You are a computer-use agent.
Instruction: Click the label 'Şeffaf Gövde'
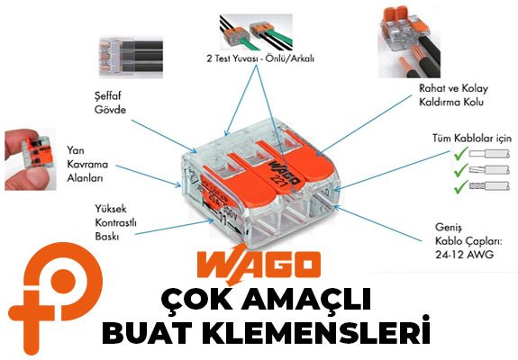coord(110,103)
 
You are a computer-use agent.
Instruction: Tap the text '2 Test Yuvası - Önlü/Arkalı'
coord(260,58)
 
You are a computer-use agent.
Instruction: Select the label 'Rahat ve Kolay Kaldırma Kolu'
coord(453,95)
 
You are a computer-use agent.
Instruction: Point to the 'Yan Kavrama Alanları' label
coord(87,164)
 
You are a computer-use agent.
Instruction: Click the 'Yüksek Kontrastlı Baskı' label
coord(115,222)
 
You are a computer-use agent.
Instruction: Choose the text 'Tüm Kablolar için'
coord(472,138)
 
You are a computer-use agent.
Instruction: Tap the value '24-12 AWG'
coord(464,255)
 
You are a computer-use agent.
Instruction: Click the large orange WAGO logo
coord(259,265)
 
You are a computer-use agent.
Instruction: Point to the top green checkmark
coord(461,153)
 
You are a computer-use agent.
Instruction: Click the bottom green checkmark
coord(461,187)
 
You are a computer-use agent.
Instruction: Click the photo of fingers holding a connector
coord(30,159)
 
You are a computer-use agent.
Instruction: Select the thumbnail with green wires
coord(257,31)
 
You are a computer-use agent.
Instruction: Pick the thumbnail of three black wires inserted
coord(131,58)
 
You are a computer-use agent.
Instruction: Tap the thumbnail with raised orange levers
coord(409,40)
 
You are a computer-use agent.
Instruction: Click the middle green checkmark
coord(461,170)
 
